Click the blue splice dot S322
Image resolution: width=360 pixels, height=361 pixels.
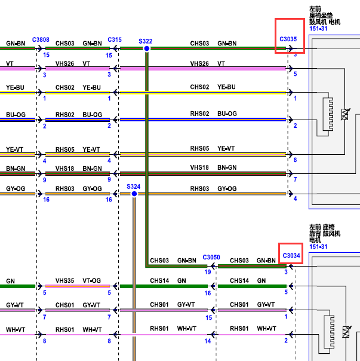point(146,48)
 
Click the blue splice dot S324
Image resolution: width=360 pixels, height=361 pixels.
point(134,194)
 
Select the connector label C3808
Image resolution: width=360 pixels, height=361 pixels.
point(41,40)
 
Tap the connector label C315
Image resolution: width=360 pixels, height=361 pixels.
point(115,40)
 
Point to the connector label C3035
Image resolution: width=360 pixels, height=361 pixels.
point(288,39)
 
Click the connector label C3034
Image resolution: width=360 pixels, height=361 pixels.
point(291,256)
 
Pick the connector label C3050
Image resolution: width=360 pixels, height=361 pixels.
point(211,257)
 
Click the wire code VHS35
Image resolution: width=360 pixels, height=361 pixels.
point(64,281)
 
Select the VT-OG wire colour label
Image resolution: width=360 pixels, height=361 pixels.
point(91,281)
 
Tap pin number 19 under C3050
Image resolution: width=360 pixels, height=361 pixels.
point(208,272)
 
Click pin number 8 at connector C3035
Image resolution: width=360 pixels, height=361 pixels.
point(295,160)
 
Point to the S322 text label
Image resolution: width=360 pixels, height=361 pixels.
point(146,41)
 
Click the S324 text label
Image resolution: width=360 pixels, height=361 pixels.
point(133,186)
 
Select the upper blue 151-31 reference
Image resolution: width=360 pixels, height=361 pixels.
point(318,29)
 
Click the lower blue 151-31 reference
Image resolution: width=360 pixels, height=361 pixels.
point(318,247)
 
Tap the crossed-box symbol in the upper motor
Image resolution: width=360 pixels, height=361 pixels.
point(345,114)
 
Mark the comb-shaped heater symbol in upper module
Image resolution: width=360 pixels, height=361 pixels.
point(328,114)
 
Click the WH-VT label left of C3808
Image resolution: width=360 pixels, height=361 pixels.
point(16,330)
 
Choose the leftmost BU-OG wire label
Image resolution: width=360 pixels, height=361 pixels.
point(16,115)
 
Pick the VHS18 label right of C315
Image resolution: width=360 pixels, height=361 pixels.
point(199,167)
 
